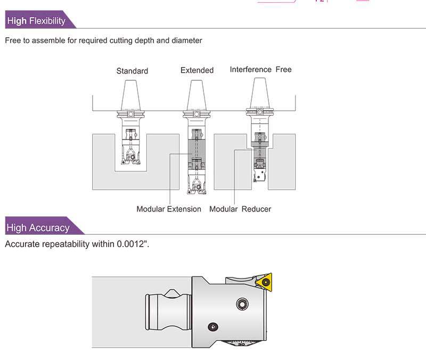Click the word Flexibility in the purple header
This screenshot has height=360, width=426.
pyautogui.click(x=47, y=21)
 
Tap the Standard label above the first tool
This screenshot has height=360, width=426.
pyautogui.click(x=132, y=71)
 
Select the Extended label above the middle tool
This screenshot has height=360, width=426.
pyautogui.click(x=197, y=70)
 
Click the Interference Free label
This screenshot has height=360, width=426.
pyautogui.click(x=260, y=70)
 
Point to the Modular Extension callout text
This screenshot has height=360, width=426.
pyautogui.click(x=169, y=209)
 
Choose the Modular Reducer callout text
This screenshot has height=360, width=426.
pyautogui.click(x=240, y=209)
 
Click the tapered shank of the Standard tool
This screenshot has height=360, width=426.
pyautogui.click(x=131, y=95)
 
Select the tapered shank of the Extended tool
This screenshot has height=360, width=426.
pyautogui.click(x=196, y=95)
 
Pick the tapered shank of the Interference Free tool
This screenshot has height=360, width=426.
pyautogui.click(x=259, y=92)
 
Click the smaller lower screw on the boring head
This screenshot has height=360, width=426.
pyautogui.click(x=214, y=326)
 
